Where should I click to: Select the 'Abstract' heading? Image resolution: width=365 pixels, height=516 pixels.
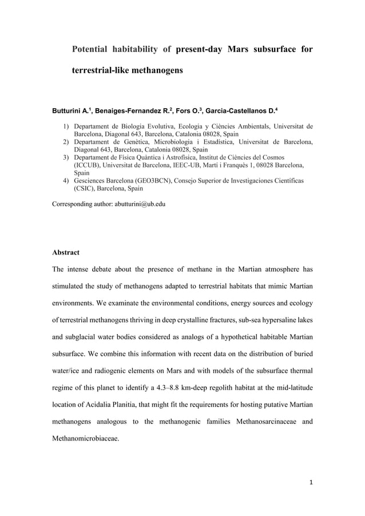66,252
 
